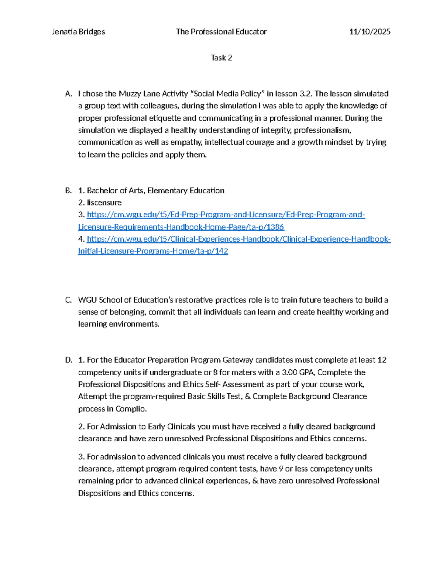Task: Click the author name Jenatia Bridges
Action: point(78,32)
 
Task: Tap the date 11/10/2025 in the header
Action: point(370,32)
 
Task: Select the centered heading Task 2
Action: point(221,58)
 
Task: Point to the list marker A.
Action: point(68,94)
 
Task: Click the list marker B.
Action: point(68,190)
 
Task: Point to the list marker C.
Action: point(68,300)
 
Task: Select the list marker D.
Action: point(68,360)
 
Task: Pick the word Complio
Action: point(131,409)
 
